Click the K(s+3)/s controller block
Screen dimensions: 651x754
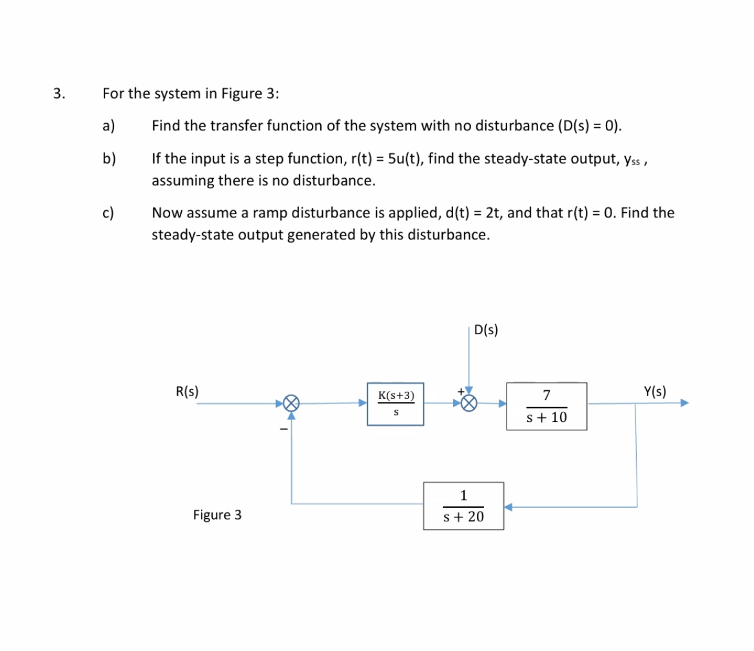click(x=395, y=405)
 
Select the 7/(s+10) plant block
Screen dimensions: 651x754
click(x=546, y=406)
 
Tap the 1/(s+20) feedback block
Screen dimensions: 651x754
click(x=463, y=506)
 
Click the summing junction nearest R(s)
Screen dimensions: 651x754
click(x=292, y=404)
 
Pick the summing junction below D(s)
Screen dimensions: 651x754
click(x=469, y=404)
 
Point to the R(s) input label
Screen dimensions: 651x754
click(x=187, y=391)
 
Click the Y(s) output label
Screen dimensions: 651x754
click(x=655, y=391)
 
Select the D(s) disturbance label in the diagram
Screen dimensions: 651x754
click(x=485, y=330)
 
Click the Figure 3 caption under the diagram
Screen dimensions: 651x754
click(x=217, y=515)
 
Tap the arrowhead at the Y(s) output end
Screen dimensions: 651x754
click(x=684, y=403)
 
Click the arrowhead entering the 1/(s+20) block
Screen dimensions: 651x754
click(x=508, y=507)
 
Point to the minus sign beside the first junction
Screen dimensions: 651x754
click(x=281, y=429)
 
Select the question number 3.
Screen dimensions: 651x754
click(x=59, y=93)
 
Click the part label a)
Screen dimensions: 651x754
click(x=108, y=125)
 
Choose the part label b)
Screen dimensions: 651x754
click(x=108, y=157)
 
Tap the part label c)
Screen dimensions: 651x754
click(x=108, y=212)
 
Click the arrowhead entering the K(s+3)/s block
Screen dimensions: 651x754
click(x=363, y=403)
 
